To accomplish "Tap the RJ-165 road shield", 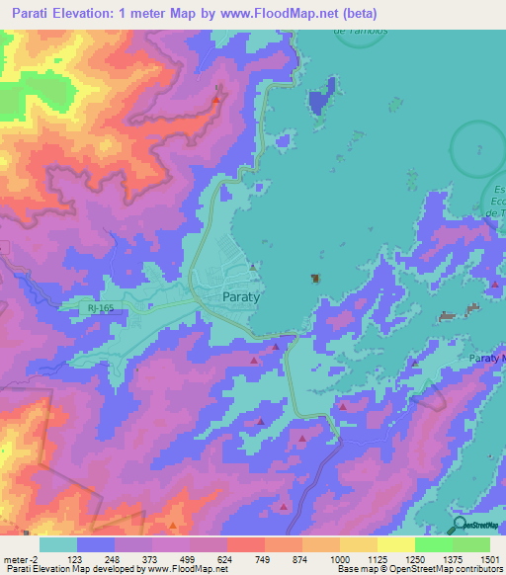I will [x=94, y=309].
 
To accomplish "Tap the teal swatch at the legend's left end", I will [x=58, y=544].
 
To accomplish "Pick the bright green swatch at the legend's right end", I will [x=470, y=544].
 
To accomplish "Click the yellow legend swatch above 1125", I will [x=395, y=544].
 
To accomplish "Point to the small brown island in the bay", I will [x=315, y=279].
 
